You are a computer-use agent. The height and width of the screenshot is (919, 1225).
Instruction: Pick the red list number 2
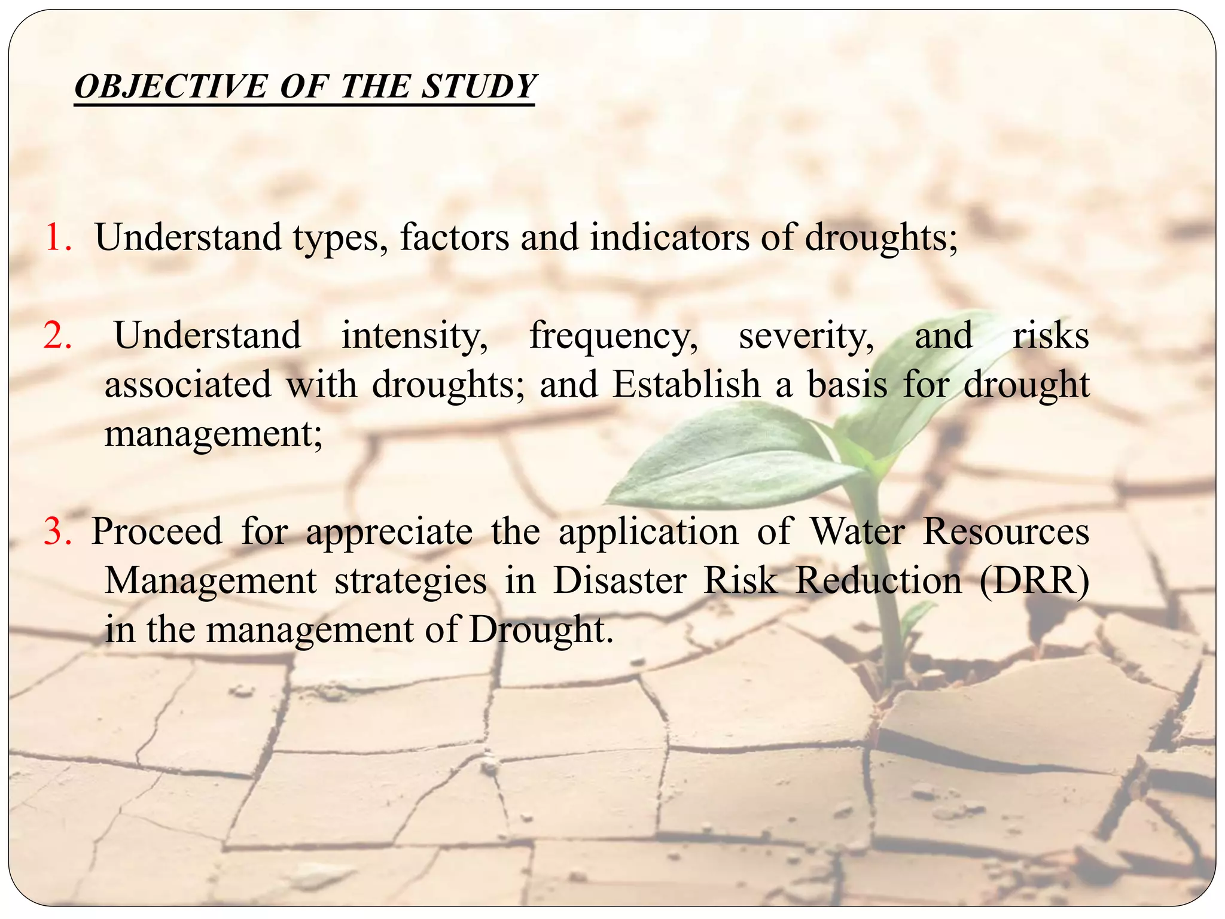tap(57, 335)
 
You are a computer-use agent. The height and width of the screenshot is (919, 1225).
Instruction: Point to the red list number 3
tap(57, 531)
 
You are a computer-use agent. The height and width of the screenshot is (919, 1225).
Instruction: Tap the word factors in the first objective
tap(454, 238)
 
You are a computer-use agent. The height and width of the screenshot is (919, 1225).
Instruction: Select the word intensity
tap(415, 335)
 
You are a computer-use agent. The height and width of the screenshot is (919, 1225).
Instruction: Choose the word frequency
tap(613, 336)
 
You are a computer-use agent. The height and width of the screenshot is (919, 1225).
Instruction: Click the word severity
tap(806, 336)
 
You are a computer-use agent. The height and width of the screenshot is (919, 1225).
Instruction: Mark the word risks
tap(1050, 335)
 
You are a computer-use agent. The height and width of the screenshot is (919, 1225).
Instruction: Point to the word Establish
tap(686, 384)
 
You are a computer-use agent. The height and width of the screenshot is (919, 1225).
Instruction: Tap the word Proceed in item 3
tap(157, 531)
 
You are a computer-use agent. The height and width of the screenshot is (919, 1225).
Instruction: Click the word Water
tap(857, 531)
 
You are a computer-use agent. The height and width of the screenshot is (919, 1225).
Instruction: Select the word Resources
tap(1005, 531)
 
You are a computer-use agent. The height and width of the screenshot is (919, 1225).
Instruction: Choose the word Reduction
tap(878, 580)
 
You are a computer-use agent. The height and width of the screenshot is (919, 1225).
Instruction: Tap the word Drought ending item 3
tap(541, 630)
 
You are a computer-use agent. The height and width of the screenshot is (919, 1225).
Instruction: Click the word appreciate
tap(389, 532)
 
